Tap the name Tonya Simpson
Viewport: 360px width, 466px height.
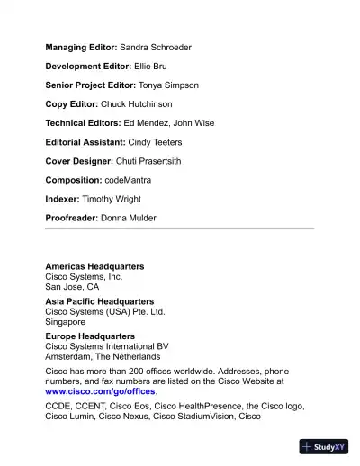168,85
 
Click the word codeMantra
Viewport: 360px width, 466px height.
128,180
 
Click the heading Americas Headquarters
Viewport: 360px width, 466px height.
94,266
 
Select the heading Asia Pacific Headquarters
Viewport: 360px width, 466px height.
99,301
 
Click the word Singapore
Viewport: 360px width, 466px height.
66,321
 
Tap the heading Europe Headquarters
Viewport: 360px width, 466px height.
90,336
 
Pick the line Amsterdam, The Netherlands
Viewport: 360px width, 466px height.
103,356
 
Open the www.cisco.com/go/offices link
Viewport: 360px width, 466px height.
100,391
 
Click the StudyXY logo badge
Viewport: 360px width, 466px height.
324,446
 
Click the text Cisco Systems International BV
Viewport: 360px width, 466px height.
107,346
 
